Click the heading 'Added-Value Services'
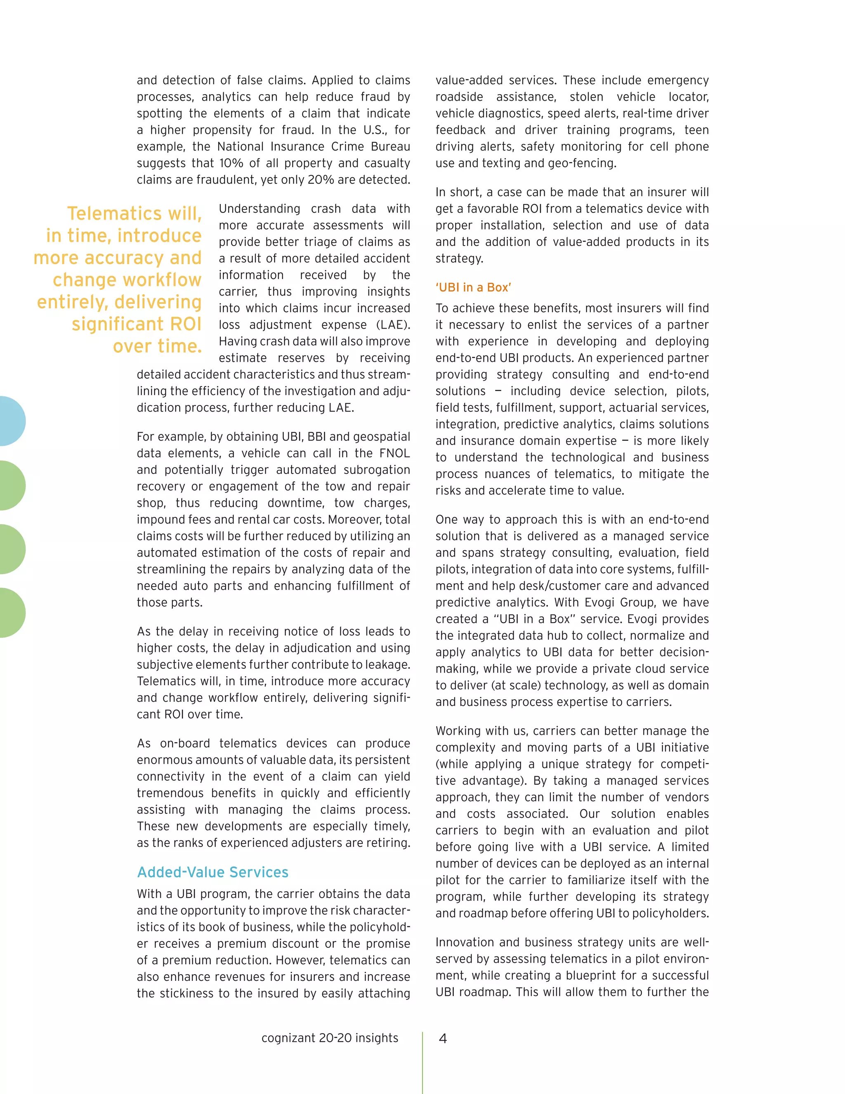tap(213, 872)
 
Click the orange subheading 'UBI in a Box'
tap(473, 287)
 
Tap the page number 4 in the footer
tap(443, 1038)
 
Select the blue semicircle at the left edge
tap(11, 421)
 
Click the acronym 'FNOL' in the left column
tap(394, 453)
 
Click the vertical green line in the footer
tap(422, 1062)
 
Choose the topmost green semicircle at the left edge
tap(11, 485)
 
